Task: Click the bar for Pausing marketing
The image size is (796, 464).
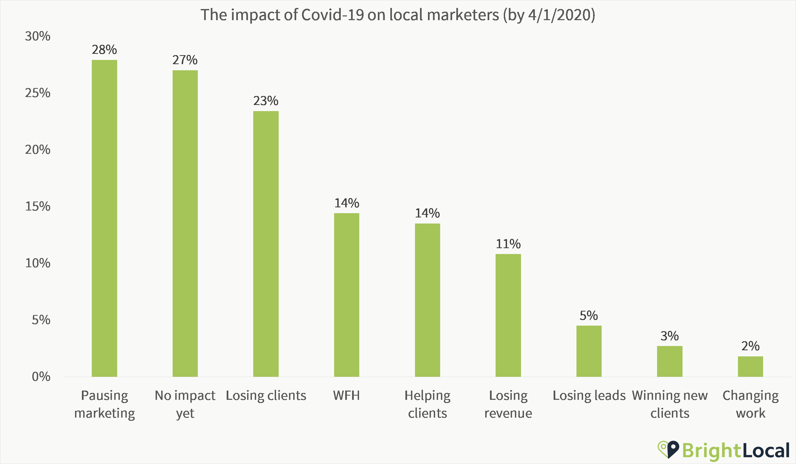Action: tap(104, 218)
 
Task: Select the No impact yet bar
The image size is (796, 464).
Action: tap(185, 223)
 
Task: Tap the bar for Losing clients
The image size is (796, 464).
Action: tap(266, 244)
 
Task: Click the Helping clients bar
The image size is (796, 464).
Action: tap(427, 300)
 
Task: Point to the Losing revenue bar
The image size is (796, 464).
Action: tap(508, 315)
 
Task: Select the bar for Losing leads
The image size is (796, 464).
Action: tap(589, 351)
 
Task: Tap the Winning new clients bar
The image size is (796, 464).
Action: tap(670, 361)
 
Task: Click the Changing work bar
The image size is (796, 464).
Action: tap(750, 366)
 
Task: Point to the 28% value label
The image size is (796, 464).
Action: tap(104, 50)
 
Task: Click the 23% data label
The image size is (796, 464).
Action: tap(266, 101)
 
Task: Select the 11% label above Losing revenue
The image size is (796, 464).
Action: tap(508, 244)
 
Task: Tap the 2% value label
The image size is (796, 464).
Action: tap(750, 346)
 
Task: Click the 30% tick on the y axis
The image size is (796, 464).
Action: tap(38, 36)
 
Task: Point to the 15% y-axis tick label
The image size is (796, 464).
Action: tap(38, 206)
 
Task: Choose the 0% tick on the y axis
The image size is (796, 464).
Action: tap(41, 377)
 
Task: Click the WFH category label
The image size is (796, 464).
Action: tap(347, 395)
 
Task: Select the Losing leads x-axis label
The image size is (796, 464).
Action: tap(589, 395)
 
